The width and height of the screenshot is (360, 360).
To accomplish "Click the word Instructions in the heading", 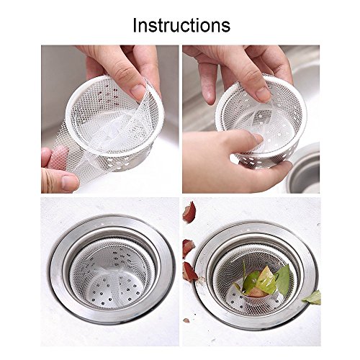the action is (181, 25).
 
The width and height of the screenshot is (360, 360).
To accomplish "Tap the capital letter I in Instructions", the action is (135, 25).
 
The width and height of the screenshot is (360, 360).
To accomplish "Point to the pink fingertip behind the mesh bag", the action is (58, 157).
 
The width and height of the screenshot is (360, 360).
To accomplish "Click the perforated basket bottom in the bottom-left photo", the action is (113, 291).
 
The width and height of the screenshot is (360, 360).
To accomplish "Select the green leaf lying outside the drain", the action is (312, 298).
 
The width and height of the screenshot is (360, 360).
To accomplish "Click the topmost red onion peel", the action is (189, 212).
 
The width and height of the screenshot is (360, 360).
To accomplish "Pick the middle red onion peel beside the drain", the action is (189, 248).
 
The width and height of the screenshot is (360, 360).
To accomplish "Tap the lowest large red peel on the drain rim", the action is (190, 271).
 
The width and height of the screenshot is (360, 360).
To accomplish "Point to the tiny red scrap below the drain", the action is (186, 320).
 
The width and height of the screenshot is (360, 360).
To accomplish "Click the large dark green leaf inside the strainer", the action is (283, 279).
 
